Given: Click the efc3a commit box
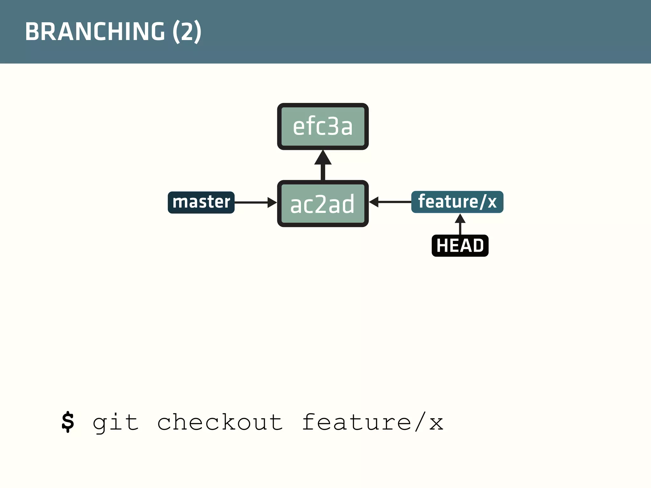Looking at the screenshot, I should (x=323, y=126).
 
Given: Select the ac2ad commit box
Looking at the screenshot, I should (x=323, y=204).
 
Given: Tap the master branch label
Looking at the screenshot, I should (x=201, y=202).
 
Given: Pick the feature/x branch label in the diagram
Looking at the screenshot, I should (x=457, y=202).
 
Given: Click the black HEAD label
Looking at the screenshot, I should (x=460, y=246).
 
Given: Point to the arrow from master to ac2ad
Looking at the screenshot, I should (x=253, y=202).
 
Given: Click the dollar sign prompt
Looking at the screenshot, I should (x=68, y=422).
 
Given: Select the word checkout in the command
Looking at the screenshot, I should (x=220, y=423).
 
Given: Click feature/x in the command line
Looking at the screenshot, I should (x=372, y=423).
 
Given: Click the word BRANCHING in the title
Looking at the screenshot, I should (x=95, y=31).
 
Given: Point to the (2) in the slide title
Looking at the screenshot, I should (x=187, y=31).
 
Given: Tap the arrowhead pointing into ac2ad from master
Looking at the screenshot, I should (x=272, y=202).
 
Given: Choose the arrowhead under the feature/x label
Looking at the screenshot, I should (x=460, y=219).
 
